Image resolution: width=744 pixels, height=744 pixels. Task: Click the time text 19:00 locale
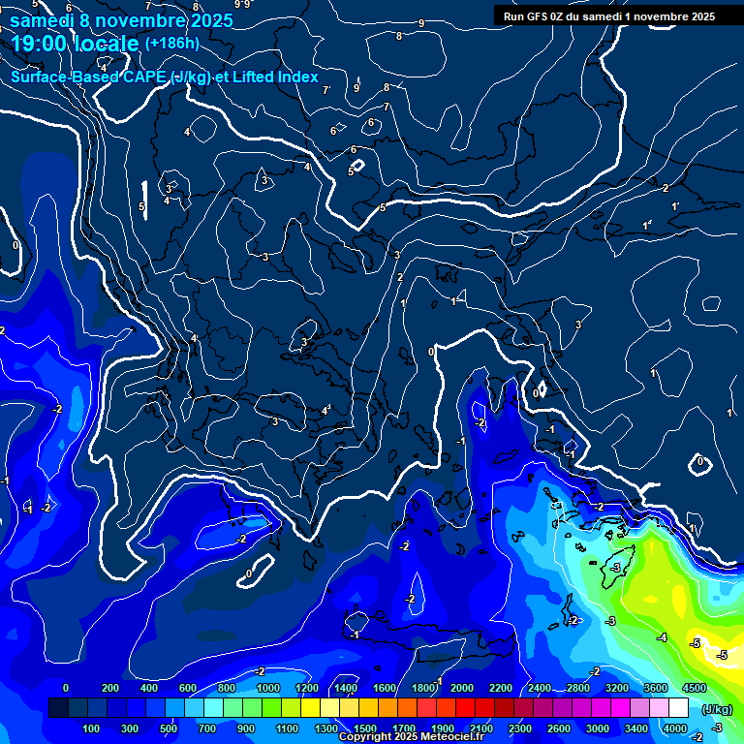pyautogui.click(x=75, y=44)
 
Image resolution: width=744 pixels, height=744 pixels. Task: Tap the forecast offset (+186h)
pyautogui.click(x=172, y=43)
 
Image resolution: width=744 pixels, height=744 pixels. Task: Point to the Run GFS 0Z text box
pyautogui.click(x=609, y=15)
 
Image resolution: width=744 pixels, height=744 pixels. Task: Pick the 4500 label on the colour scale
pyautogui.click(x=694, y=688)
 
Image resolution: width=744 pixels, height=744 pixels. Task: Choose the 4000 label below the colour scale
pyautogui.click(x=674, y=728)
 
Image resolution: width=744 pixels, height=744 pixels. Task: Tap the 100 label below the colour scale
pyautogui.click(x=92, y=728)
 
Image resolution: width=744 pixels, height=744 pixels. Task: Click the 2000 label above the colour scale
pyautogui.click(x=461, y=688)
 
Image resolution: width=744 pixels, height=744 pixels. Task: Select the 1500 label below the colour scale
pyautogui.click(x=365, y=728)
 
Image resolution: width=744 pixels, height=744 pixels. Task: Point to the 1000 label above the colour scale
pyautogui.click(x=267, y=688)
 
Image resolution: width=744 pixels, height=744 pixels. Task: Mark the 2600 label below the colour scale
pyautogui.click(x=559, y=728)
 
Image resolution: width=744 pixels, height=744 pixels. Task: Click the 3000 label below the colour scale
pyautogui.click(x=598, y=728)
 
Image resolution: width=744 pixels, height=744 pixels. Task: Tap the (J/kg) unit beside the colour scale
pyautogui.click(x=716, y=709)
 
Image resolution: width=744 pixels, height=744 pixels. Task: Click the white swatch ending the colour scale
pyautogui.click(x=678, y=708)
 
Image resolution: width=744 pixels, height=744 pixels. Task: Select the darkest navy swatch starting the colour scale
pyautogui.click(x=58, y=708)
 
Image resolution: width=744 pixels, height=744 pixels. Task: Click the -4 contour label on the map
pyautogui.click(x=662, y=636)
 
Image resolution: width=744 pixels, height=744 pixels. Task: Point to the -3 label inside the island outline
pyautogui.click(x=614, y=568)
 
